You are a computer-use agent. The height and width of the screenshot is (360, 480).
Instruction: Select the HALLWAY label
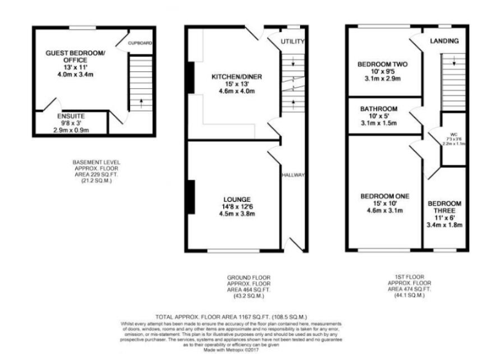292,174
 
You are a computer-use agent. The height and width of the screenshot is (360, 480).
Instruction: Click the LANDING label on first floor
444,41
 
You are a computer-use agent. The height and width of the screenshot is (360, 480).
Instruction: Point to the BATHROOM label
378,108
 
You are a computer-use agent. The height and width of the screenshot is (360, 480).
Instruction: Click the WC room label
454,132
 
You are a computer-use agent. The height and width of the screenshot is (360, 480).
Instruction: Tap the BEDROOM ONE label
384,196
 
